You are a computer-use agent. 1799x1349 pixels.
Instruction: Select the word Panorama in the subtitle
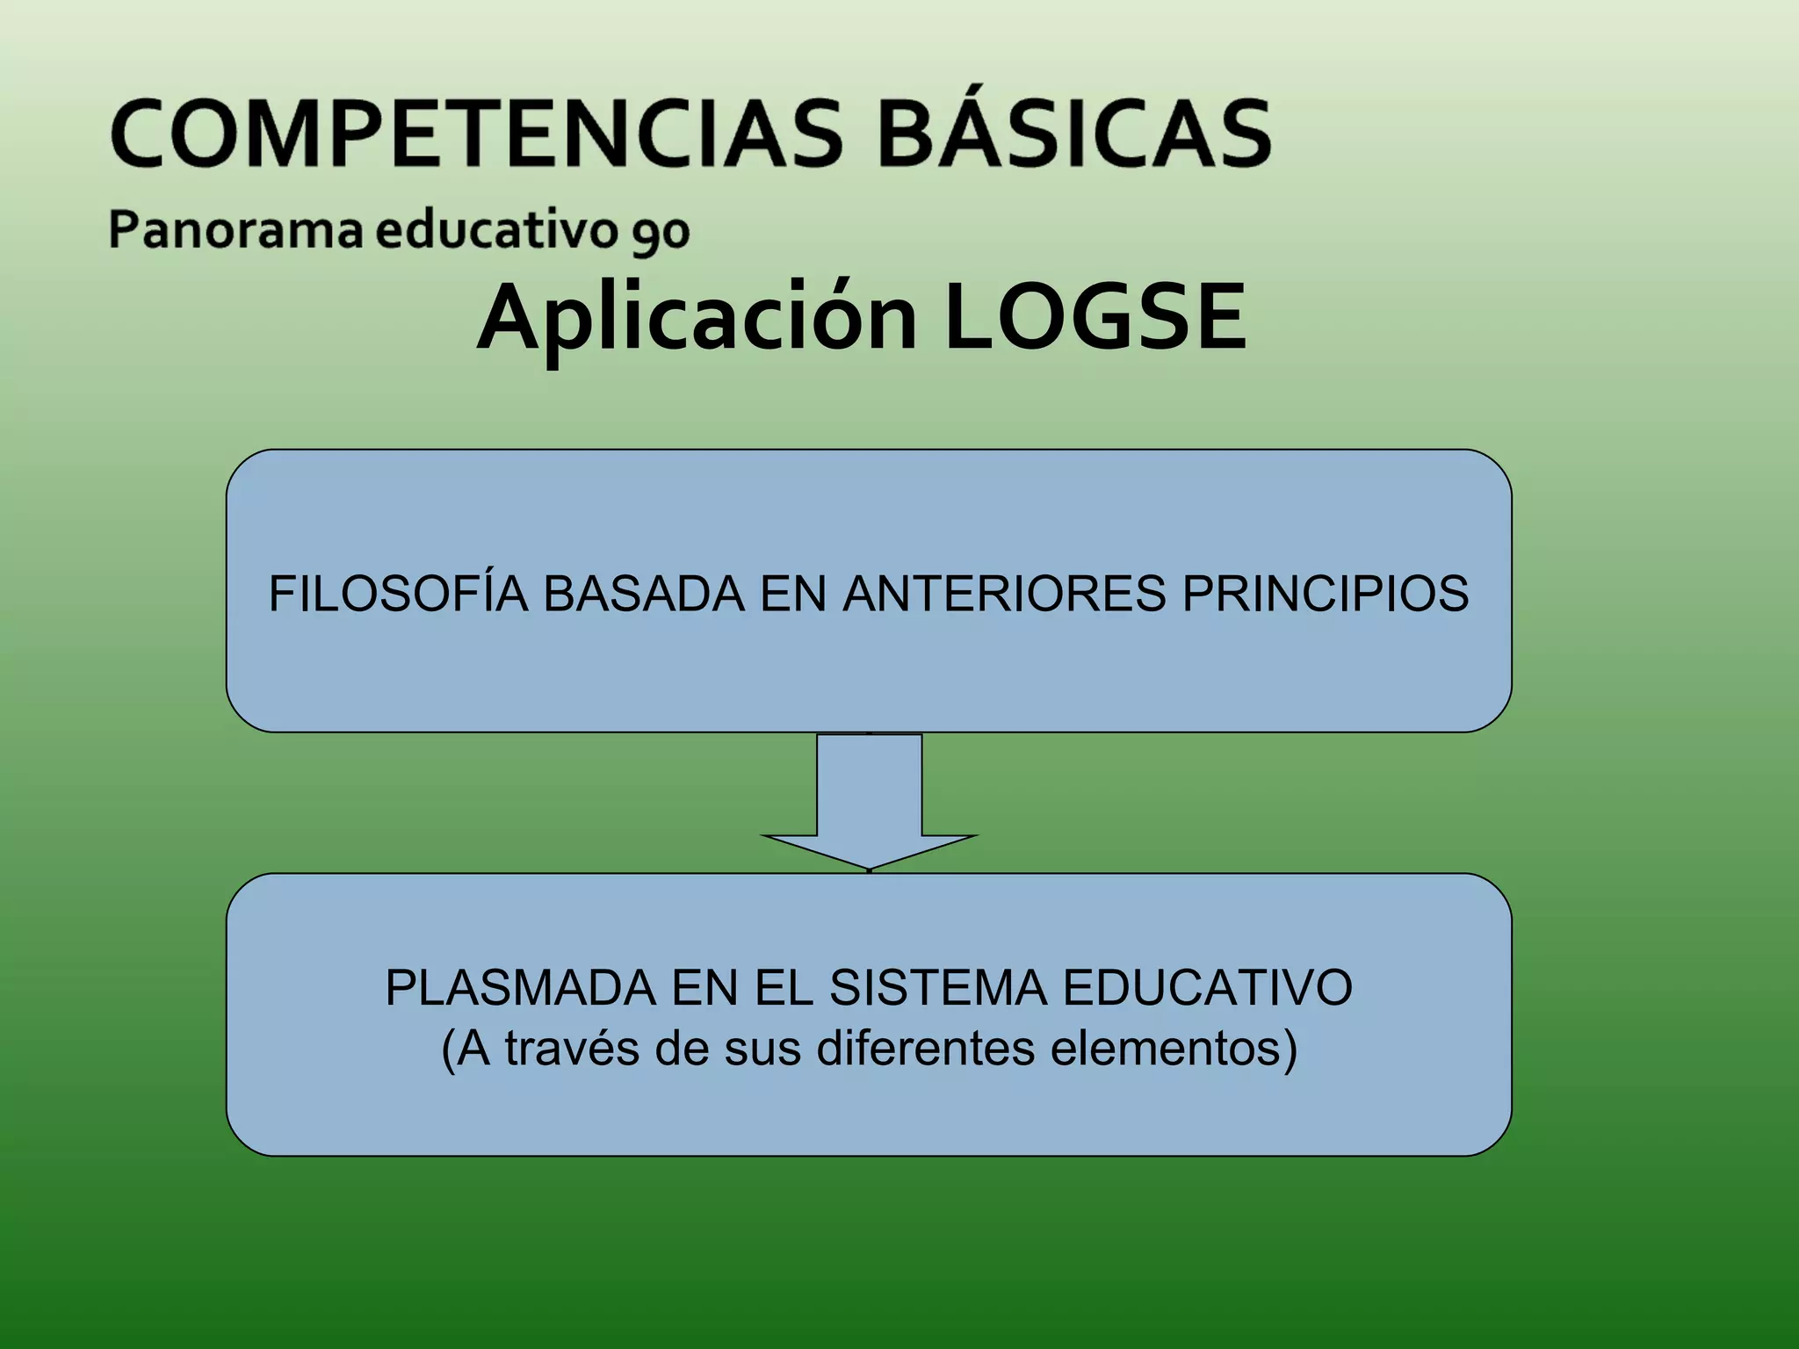(235, 230)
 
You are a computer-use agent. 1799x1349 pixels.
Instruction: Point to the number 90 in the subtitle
(659, 234)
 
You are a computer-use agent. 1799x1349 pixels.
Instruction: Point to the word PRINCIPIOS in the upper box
(1326, 593)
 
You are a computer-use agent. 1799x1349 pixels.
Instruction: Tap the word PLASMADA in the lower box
(520, 987)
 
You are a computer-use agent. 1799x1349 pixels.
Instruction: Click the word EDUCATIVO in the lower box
(1208, 987)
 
